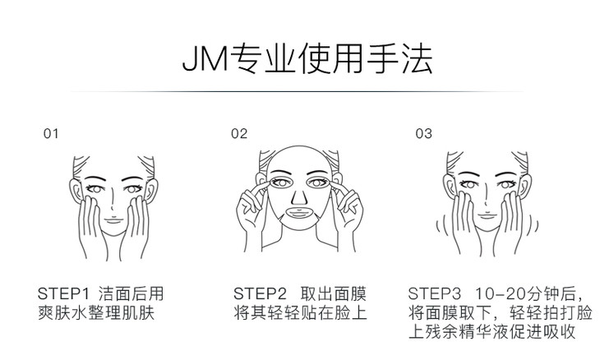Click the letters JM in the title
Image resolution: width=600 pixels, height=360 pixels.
pos(205,59)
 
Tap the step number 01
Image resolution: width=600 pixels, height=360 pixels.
pos(51,134)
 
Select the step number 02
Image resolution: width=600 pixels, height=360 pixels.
pos(239,133)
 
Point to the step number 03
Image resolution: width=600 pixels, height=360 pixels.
pos(423,133)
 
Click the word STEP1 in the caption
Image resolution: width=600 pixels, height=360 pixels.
pos(63,293)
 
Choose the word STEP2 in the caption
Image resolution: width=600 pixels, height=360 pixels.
pos(260,293)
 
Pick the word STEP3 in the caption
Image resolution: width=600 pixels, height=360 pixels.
pos(434,293)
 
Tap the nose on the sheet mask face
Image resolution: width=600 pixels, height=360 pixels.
pos(299,197)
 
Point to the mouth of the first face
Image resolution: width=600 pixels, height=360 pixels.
pos(114,220)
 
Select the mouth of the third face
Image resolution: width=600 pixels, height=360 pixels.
pos(487,216)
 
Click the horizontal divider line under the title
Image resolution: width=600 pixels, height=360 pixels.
pos(297,92)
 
